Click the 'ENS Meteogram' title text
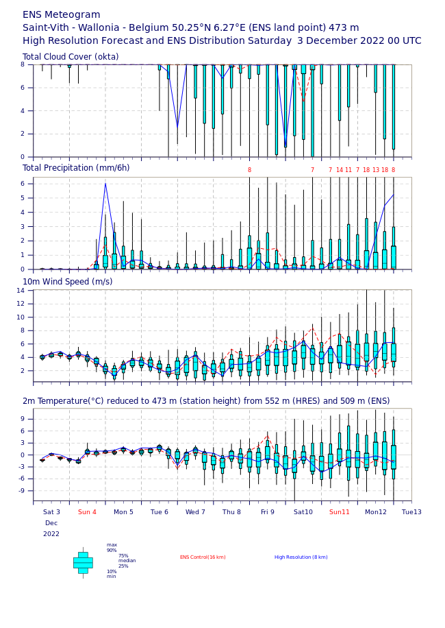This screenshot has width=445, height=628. (x=61, y=15)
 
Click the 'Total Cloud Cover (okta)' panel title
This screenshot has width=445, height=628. (x=71, y=57)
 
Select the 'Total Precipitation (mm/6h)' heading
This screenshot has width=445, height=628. (x=76, y=168)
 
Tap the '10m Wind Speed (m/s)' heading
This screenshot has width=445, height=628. (x=68, y=282)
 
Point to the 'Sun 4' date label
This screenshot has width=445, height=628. (x=87, y=512)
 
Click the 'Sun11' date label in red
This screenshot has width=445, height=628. (x=340, y=512)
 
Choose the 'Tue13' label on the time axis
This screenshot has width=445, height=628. (x=411, y=512)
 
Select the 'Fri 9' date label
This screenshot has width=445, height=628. (x=268, y=512)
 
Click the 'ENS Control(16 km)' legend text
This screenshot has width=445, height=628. (x=203, y=557)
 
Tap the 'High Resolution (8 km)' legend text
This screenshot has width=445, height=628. (x=301, y=557)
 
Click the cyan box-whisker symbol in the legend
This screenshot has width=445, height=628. (x=83, y=563)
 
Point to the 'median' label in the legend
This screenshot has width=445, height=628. (x=127, y=561)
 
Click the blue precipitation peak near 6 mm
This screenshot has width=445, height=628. (x=105, y=184)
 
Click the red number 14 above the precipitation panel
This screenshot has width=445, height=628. (x=340, y=170)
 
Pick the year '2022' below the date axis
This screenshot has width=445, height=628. (x=51, y=534)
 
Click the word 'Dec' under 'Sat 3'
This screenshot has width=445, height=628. (x=51, y=523)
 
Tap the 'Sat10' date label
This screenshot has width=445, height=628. (x=303, y=512)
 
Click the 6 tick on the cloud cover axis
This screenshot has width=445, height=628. (x=23, y=88)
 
